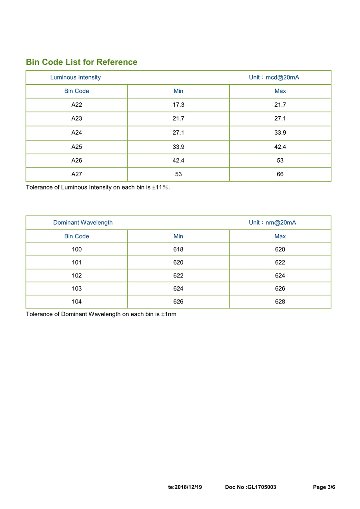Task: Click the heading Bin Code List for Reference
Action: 82,62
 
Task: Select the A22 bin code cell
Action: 76,105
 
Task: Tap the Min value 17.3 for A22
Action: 178,105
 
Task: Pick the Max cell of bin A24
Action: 280,132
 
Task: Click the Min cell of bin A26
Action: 178,160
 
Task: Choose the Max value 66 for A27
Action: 280,174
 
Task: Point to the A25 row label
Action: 76,147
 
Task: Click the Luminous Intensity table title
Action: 75,77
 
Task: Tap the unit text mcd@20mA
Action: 282,77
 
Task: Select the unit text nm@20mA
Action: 281,222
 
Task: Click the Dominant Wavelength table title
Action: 83,222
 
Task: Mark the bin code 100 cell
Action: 76,250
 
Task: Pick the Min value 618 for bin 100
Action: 178,250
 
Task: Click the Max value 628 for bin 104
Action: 280,301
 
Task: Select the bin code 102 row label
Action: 76,275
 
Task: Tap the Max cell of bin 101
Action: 280,262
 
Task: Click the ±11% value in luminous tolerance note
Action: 160,187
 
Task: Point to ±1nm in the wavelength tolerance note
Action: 168,314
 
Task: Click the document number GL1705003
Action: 262,487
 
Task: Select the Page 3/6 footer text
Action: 324,487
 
